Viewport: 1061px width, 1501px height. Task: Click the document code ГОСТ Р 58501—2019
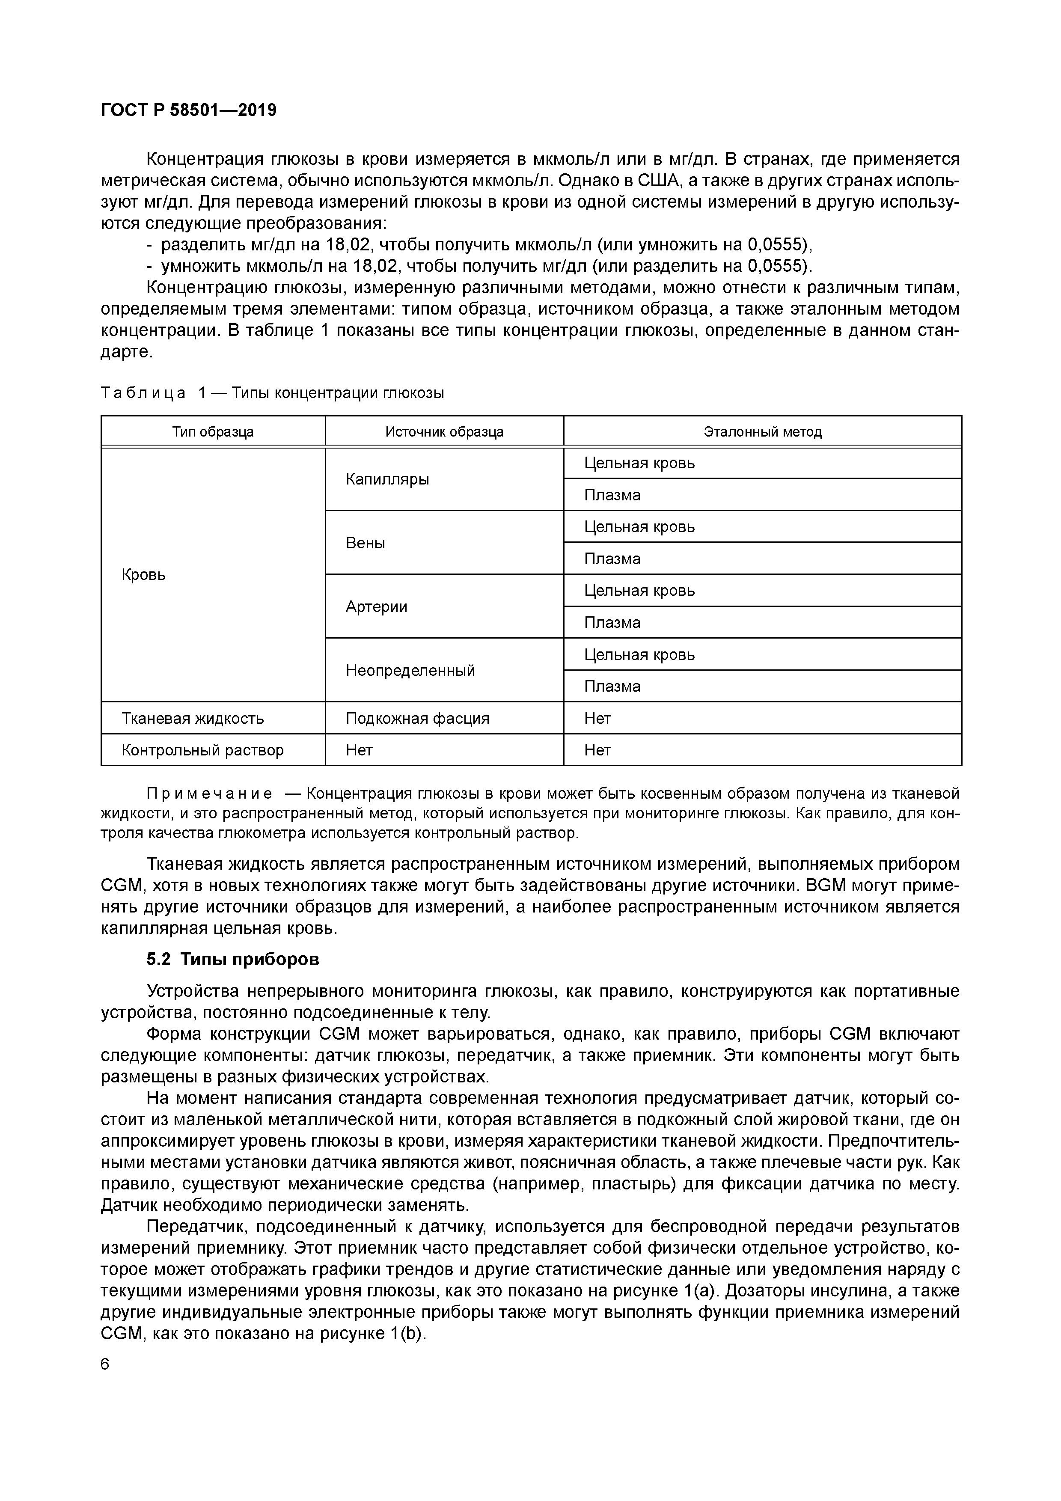(188, 110)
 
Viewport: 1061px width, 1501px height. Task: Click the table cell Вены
(366, 543)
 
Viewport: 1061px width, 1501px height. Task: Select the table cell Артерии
(377, 606)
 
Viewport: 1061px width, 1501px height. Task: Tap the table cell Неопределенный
(410, 670)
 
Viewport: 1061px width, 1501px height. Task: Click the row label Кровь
(144, 575)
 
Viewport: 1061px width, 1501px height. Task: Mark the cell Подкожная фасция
(417, 719)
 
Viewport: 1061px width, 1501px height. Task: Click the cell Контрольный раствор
(202, 750)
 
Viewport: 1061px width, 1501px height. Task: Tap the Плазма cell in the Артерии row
(612, 622)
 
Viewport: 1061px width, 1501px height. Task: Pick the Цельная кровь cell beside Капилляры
(639, 463)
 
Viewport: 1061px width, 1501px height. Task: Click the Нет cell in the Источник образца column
(359, 750)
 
